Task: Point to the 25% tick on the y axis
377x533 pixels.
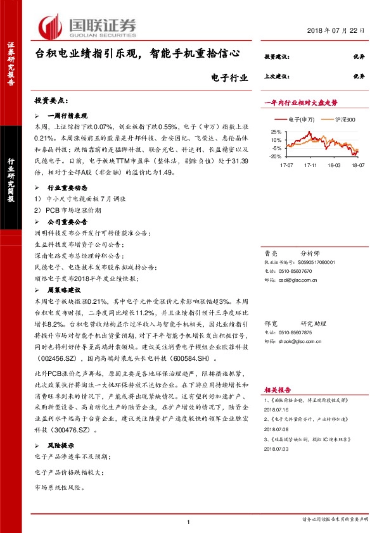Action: (x=274, y=132)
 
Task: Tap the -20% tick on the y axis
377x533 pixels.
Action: (x=273, y=156)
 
